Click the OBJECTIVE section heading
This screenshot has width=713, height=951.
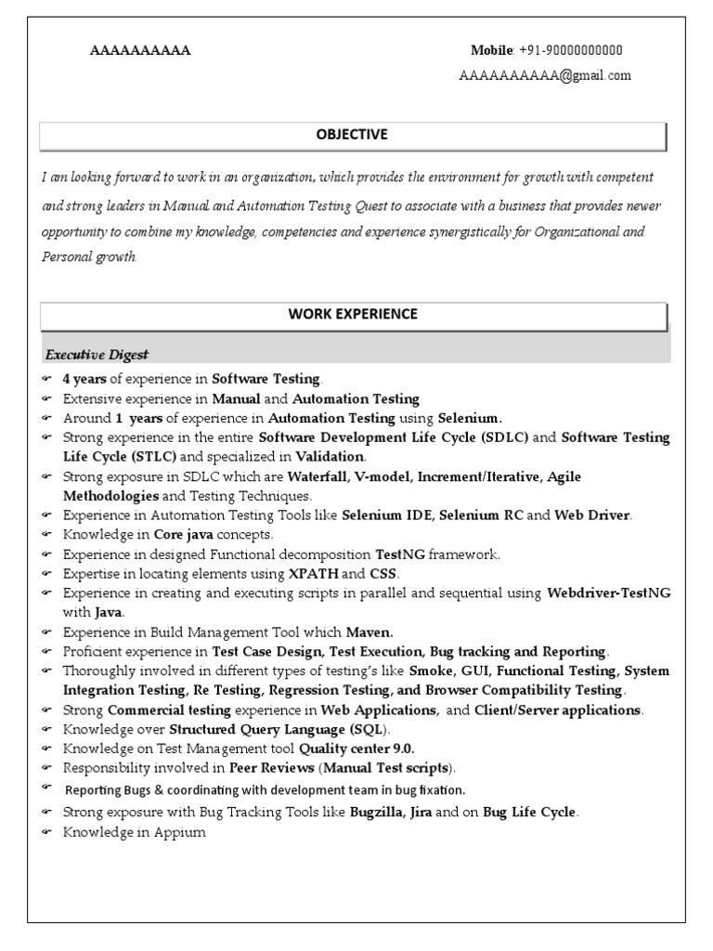[352, 135]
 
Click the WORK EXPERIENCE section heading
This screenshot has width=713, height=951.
[352, 314]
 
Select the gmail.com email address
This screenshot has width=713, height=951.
[545, 76]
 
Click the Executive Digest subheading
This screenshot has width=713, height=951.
[97, 355]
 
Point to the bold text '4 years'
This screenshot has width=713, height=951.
[84, 378]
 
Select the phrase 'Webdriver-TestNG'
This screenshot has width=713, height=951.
[609, 593]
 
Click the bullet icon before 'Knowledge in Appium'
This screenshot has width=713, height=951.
[47, 833]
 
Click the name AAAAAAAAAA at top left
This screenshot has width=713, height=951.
[140, 51]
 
